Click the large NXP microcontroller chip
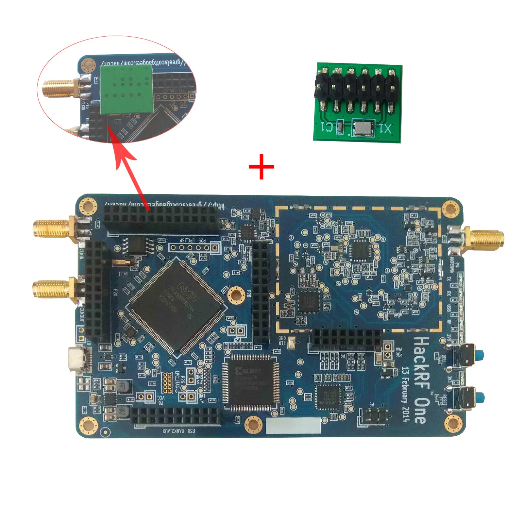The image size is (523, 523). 177,307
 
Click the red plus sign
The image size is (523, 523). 261,167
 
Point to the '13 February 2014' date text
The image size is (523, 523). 405,394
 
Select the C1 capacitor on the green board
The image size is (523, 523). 340,127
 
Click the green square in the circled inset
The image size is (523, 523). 127,89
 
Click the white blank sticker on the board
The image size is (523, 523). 293,425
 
